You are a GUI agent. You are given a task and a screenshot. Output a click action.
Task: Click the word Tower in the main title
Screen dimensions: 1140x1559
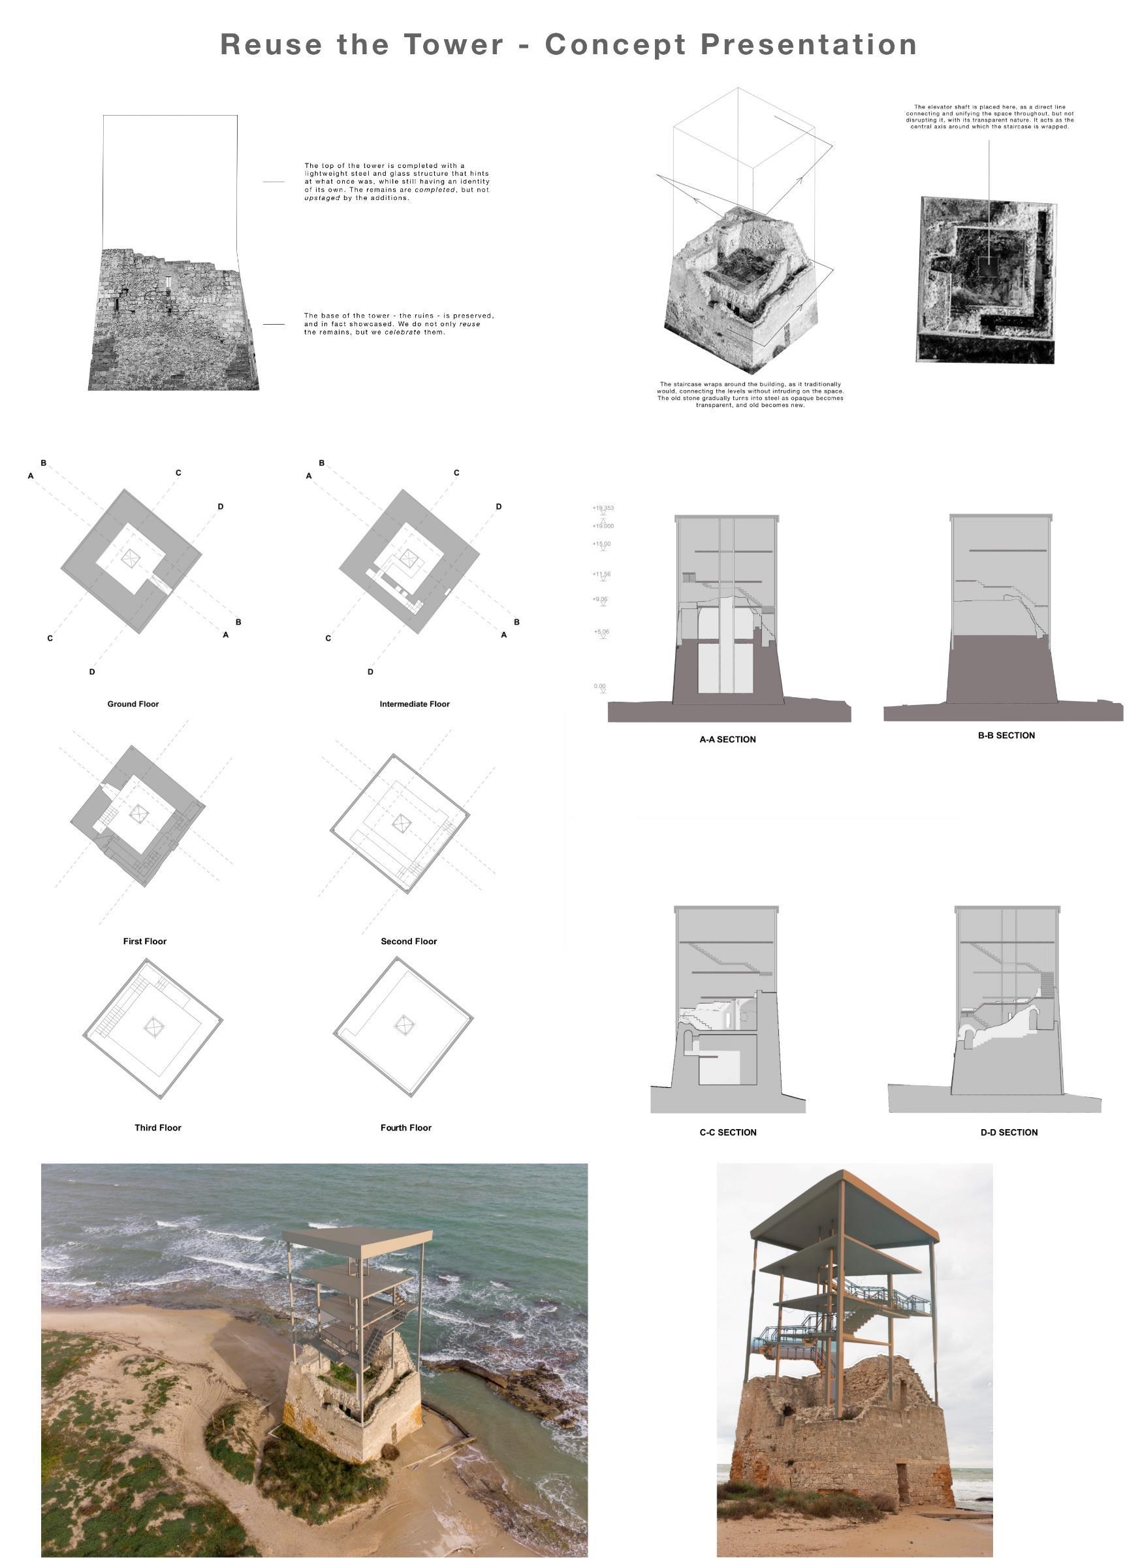[x=454, y=44]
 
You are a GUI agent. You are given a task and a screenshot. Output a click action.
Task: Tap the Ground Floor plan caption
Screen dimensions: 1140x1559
[x=133, y=704]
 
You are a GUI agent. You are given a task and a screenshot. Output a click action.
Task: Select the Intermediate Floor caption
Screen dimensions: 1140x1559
[x=414, y=704]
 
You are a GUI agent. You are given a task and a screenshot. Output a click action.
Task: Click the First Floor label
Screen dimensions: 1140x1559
[x=145, y=941]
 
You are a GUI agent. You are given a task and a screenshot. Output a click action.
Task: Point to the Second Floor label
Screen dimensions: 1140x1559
[x=409, y=941]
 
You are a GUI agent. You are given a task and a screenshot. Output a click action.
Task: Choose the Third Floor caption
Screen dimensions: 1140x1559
[x=158, y=1128]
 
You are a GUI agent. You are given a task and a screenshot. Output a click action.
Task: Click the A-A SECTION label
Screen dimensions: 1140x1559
[x=727, y=740]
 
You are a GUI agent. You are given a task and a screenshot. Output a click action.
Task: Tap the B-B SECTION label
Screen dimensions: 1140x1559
[x=1006, y=735]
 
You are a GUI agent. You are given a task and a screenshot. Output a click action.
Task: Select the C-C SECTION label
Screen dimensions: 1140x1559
[x=728, y=1132]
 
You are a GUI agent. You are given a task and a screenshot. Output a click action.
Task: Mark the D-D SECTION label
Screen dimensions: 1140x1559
[x=1009, y=1132]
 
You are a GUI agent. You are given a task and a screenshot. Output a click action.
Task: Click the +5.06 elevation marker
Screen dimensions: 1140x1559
[x=601, y=632]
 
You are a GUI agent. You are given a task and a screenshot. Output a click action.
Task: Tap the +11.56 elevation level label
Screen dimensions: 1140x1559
[x=601, y=574]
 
